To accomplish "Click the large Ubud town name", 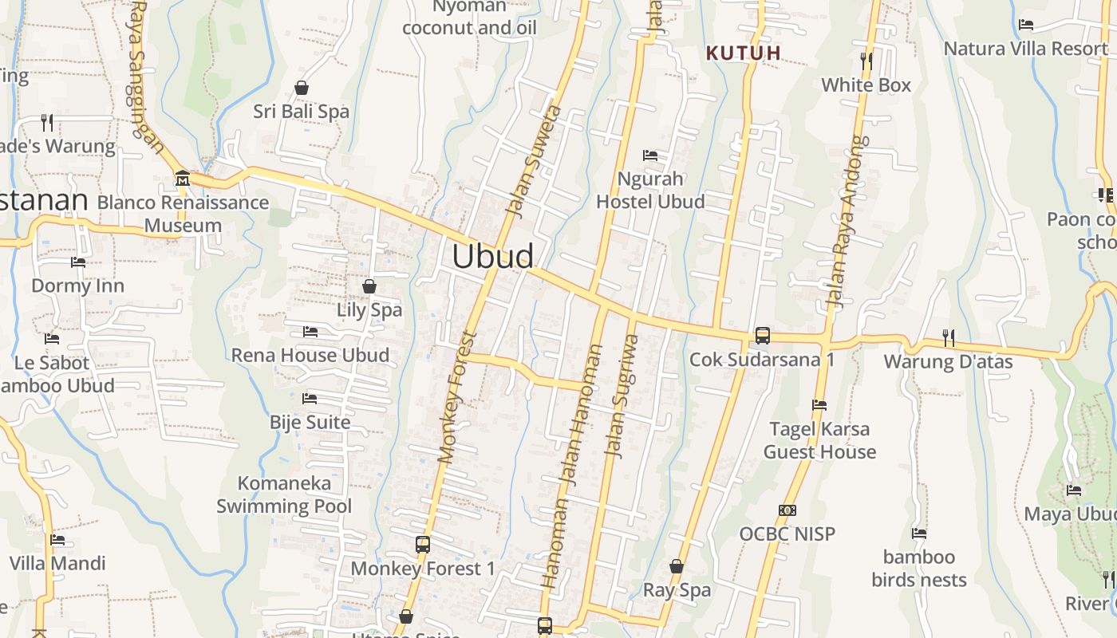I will (493, 256).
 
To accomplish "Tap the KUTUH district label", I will (744, 53).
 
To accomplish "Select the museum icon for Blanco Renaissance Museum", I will (183, 177).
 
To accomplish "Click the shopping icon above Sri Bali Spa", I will (302, 88).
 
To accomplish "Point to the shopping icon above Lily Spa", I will (369, 286).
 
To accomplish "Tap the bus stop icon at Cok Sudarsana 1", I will (763, 336).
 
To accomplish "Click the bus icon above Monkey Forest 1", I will (423, 545).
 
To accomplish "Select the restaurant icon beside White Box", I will (866, 61).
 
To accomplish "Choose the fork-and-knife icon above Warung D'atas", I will (948, 338).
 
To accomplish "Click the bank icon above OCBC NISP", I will (787, 510).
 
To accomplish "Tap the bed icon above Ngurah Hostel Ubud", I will (650, 155).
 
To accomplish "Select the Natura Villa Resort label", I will (1026, 49).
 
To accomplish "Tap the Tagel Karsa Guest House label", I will (819, 440).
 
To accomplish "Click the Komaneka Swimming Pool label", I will (284, 494).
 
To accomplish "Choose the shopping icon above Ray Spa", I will (677, 567).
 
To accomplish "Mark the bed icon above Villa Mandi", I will (57, 540).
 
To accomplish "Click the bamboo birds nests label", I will (919, 568).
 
